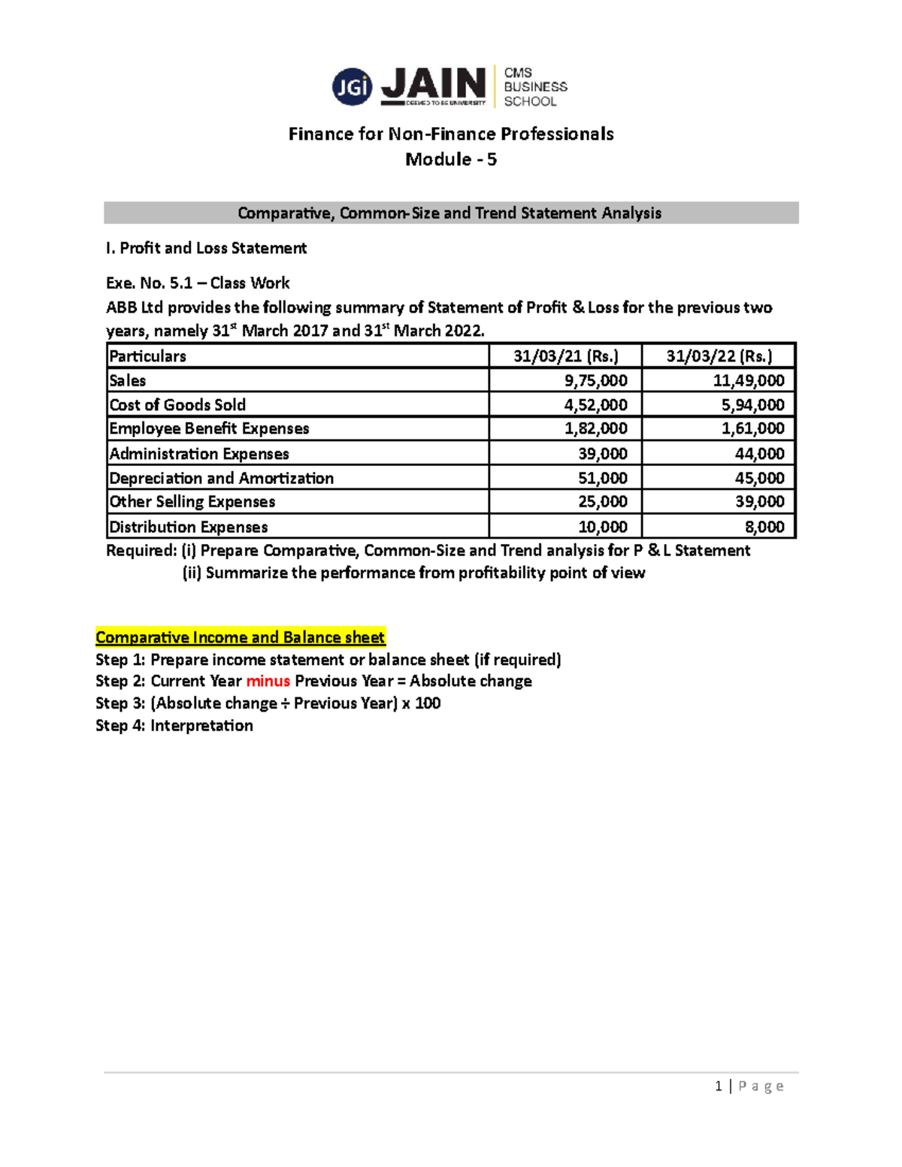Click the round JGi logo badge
(x=352, y=87)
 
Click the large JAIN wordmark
(x=434, y=84)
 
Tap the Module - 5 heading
(x=451, y=159)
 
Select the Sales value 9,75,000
(x=596, y=380)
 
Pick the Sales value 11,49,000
(x=749, y=380)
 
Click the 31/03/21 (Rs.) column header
(x=566, y=356)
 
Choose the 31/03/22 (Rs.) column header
(x=719, y=356)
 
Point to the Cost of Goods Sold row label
(x=177, y=405)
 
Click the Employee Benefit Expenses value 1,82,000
(x=596, y=428)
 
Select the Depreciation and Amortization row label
(x=221, y=478)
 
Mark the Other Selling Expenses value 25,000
(x=603, y=501)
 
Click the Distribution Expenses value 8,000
(x=765, y=527)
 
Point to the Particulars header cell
(x=147, y=356)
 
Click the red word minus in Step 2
(x=268, y=681)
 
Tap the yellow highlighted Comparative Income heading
(x=240, y=637)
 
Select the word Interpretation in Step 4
(x=201, y=725)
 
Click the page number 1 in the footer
(x=719, y=1086)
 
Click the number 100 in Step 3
(x=428, y=703)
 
